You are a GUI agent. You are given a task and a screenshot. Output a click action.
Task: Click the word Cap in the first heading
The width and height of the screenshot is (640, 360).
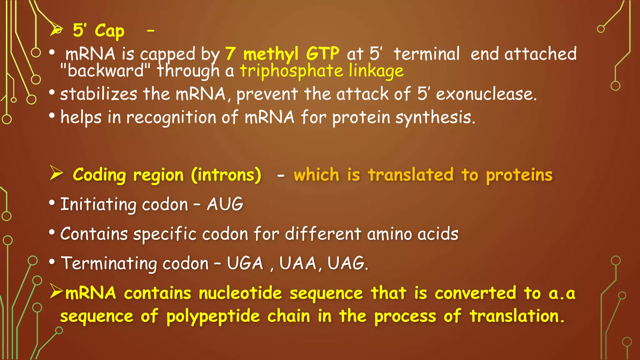pos(109,31)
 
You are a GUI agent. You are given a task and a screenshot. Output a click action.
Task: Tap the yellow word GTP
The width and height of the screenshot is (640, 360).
pos(322,53)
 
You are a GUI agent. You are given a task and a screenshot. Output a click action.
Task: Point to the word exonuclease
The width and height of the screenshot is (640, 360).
pos(486,94)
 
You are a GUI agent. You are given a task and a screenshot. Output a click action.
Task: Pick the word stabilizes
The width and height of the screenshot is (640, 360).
pos(98,94)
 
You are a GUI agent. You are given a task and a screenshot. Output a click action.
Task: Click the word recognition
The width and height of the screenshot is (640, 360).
pos(171,117)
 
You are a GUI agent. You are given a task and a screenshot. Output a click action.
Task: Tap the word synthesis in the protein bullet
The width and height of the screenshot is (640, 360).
pos(435,117)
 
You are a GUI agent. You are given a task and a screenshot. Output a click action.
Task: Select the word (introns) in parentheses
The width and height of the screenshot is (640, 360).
pos(226,175)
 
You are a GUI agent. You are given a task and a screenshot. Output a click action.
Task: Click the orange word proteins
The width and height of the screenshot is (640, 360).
pos(519,175)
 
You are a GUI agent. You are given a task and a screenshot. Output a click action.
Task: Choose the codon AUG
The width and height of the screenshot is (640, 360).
pos(225,204)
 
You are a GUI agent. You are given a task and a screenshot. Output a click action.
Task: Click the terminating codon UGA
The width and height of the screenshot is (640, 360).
pos(245,263)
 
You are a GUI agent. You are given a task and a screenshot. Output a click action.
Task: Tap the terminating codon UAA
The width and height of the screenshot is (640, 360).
pos(298,263)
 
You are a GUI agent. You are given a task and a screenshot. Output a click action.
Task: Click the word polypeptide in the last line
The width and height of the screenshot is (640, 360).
pos(213,316)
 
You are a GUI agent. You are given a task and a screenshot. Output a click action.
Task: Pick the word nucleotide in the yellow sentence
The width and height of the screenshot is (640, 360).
pos(240,293)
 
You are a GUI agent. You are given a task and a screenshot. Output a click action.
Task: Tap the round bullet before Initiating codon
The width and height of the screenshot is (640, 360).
pos(52,203)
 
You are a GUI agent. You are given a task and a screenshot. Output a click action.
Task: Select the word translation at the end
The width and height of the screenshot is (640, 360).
pos(517,316)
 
